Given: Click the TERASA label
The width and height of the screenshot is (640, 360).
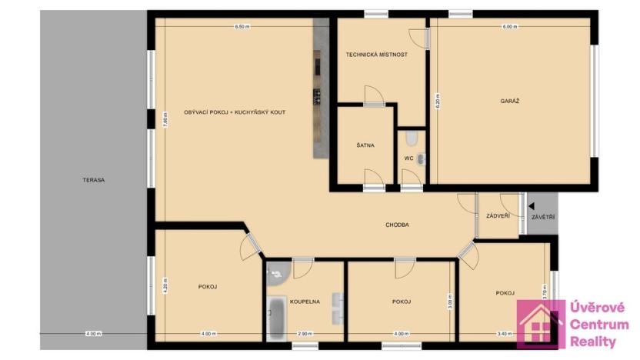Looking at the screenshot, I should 95,180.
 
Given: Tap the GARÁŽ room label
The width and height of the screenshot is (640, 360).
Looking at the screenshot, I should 509,101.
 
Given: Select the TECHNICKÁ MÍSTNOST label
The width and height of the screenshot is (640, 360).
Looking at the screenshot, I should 376,55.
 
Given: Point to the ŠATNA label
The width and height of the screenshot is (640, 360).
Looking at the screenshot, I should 365,145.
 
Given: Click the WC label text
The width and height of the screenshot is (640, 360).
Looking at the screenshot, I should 408,158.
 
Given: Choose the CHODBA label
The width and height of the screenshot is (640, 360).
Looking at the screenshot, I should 397,225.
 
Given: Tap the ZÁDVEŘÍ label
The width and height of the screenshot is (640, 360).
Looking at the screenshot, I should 498,216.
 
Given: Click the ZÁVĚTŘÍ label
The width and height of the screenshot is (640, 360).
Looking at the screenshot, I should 543,218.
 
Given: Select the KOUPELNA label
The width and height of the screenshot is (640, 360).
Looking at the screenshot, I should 305,302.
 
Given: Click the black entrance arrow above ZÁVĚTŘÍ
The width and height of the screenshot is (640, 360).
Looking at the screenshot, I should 531,206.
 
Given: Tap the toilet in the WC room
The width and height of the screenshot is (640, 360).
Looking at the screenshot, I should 412,138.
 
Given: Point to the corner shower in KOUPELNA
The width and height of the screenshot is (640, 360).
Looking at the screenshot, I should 276,272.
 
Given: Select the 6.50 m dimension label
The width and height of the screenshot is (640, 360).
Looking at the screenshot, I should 242,26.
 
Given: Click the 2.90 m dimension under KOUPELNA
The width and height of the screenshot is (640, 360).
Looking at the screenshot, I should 305,334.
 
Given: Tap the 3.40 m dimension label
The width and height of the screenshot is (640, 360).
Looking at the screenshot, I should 505,334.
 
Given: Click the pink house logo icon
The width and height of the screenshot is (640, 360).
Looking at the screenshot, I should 540,324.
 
